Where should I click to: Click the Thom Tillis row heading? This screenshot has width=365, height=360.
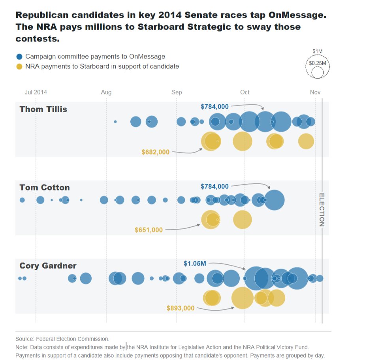coord(43,109)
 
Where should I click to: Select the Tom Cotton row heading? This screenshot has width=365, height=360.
coord(45,188)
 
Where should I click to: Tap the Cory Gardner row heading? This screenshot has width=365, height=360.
coord(48,266)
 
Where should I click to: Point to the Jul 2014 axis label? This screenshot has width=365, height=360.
coord(36,92)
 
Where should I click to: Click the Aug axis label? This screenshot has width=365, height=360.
coord(106,92)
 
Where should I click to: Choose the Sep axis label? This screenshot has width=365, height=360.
coord(177,92)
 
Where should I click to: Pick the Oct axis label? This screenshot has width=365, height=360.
coord(245,92)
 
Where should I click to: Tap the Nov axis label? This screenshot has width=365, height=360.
coord(315,92)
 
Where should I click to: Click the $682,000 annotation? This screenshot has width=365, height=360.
coord(155,152)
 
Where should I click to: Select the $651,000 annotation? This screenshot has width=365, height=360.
coord(149,230)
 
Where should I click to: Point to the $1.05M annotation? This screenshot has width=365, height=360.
coord(195,264)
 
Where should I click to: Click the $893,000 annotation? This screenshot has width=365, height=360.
coord(181,308)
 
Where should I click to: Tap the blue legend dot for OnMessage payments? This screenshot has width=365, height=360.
coord(19,57)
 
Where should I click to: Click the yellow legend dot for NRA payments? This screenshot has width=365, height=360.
coord(19,66)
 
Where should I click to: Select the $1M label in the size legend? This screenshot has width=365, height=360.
coord(318,51)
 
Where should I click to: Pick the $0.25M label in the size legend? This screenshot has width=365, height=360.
coord(318,63)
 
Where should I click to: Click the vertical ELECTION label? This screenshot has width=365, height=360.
coord(322,209)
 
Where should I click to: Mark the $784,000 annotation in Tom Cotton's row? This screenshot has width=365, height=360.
coord(214,187)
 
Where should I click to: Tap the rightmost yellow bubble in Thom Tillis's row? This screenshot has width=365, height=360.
coord(306,141)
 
